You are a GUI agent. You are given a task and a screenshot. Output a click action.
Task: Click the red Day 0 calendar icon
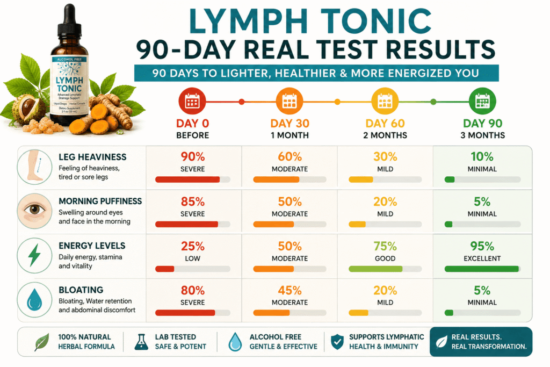tap(192, 101)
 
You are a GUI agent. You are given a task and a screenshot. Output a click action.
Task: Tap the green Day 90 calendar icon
tap(482, 101)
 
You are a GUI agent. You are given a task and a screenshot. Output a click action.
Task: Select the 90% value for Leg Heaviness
tap(193, 156)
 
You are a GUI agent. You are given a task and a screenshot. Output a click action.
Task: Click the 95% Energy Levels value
tap(482, 246)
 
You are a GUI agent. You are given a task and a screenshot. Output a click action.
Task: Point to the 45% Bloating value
tap(290, 291)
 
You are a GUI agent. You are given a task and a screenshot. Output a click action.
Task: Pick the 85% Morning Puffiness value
tap(193, 202)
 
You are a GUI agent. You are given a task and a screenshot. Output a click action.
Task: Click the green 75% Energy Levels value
tap(385, 246)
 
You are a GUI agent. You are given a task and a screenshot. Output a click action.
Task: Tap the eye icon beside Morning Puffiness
tap(34, 211)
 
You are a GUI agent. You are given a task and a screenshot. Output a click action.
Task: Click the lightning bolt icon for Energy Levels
tap(34, 255)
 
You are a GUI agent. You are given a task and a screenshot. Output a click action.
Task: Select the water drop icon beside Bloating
tap(34, 300)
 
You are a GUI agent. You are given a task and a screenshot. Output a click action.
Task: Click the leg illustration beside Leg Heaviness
tap(34, 167)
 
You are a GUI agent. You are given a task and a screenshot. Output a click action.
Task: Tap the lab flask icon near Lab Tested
tap(141, 341)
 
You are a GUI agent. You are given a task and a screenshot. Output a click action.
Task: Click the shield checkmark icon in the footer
tap(337, 341)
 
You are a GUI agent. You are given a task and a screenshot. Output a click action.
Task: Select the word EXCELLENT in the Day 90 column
tap(482, 258)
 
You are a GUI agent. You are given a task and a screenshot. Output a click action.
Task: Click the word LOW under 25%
tap(193, 258)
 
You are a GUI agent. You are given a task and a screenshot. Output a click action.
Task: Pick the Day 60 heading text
tap(385, 124)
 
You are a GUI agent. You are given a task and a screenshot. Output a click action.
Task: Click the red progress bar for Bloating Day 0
tap(185, 313)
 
